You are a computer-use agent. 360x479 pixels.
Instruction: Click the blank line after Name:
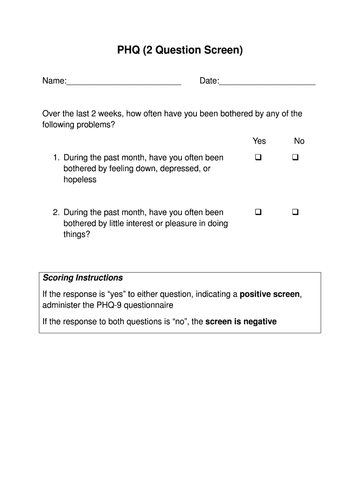[124, 83]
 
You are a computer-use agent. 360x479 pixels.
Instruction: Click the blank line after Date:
[267, 83]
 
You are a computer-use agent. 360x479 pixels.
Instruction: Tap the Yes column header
[259, 141]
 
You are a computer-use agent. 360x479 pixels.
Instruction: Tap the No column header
[299, 141]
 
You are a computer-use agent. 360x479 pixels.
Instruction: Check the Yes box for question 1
[258, 158]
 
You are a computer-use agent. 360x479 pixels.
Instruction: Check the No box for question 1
[295, 158]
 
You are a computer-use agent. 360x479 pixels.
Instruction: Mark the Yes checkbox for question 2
[258, 212]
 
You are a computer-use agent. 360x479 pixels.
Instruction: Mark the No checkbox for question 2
[295, 212]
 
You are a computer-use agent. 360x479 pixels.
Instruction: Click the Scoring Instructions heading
[83, 278]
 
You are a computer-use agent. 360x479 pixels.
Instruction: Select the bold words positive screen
[270, 295]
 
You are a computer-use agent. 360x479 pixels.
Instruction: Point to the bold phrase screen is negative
[241, 322]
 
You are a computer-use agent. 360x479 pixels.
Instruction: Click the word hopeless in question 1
[80, 180]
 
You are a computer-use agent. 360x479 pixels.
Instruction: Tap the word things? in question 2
[77, 234]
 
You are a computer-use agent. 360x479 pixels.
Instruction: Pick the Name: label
[54, 81]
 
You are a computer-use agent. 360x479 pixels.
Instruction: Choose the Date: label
[209, 81]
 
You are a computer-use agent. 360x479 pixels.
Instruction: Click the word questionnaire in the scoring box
[150, 305]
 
